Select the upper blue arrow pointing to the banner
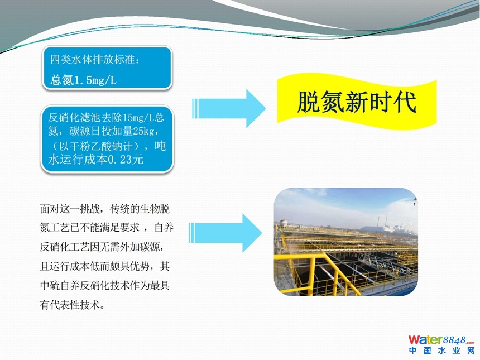(x=229, y=108)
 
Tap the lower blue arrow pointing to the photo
(x=225, y=233)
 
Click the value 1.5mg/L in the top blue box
(x=95, y=80)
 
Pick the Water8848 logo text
(x=441, y=340)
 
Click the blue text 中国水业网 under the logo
(x=441, y=350)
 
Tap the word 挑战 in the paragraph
(x=90, y=209)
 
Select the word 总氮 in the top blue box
(x=62, y=80)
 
